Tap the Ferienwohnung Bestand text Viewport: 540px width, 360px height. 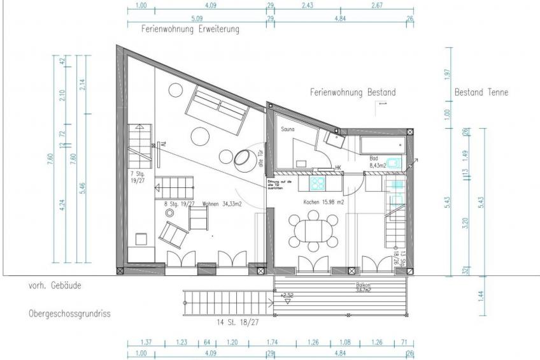click(x=353, y=92)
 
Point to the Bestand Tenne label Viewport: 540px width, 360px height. click(x=481, y=92)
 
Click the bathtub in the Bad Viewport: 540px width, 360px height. click(x=383, y=145)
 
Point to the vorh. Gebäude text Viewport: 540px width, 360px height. click(x=54, y=286)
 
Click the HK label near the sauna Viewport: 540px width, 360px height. click(x=338, y=168)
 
